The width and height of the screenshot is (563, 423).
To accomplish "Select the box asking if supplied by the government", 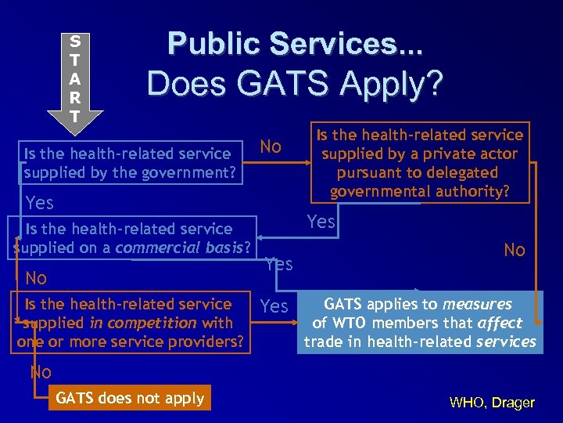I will (x=129, y=163).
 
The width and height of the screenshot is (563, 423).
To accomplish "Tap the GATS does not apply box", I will (x=129, y=398).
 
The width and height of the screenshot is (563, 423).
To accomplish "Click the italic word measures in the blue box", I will (x=477, y=304).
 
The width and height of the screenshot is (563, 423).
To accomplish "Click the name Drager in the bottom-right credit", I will (x=514, y=403).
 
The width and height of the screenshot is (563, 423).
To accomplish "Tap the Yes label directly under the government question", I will (x=40, y=204).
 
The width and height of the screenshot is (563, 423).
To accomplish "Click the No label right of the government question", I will (x=271, y=146).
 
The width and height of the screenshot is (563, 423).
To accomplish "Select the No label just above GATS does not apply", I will (x=41, y=373).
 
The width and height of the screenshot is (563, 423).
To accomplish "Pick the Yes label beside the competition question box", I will (x=274, y=306).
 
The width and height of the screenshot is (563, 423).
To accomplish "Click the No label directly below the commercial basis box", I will (x=36, y=278).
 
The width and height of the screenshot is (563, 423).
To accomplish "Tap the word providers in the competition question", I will (x=207, y=342).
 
